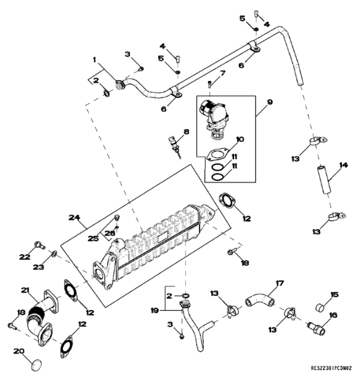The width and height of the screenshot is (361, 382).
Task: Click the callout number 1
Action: pyautogui.click(x=94, y=60)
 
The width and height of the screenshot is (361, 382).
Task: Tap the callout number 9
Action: pyautogui.click(x=270, y=102)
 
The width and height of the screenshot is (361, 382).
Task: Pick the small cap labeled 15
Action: pyautogui.click(x=319, y=307)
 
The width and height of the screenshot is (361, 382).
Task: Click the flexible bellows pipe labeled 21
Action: pyautogui.click(x=38, y=313)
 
